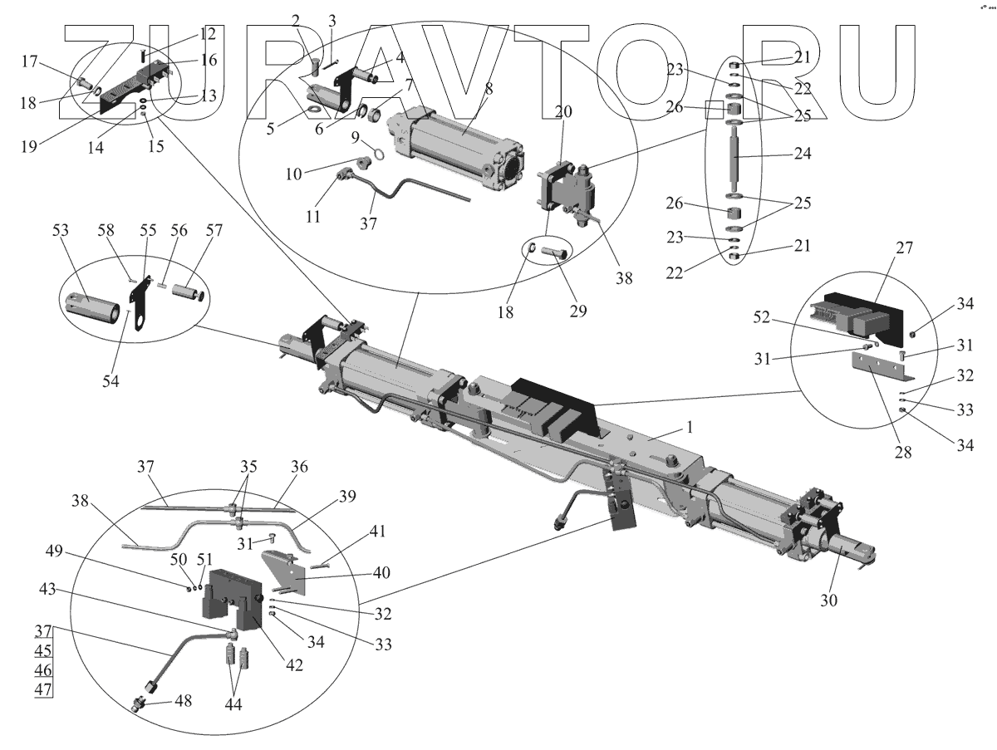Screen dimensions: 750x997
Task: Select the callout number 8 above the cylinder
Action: pos(489,91)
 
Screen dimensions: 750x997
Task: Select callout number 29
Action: pos(577,311)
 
